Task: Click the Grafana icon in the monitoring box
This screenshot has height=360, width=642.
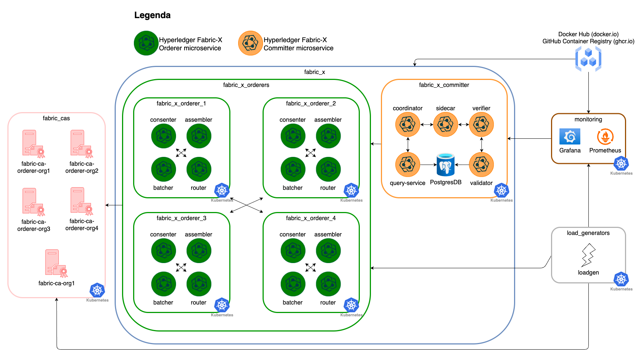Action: tap(570, 137)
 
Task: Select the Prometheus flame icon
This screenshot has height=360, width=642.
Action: tap(605, 137)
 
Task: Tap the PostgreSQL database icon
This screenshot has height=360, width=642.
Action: tap(446, 165)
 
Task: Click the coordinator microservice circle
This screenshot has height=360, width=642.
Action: tap(408, 124)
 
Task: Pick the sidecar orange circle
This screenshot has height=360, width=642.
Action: tap(445, 124)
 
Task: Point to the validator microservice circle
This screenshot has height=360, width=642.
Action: tap(481, 165)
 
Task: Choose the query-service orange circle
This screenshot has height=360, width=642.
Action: tap(408, 165)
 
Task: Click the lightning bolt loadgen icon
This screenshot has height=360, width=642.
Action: tap(588, 255)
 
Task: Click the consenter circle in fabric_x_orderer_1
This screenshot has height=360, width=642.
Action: tap(163, 136)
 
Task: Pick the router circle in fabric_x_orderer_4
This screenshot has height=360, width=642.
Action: tap(328, 284)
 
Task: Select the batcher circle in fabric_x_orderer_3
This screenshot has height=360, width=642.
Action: tap(163, 284)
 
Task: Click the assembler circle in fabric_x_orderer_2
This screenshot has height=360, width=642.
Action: tap(328, 136)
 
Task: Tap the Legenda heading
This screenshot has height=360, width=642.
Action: tap(152, 15)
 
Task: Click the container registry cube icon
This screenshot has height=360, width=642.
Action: tap(588, 59)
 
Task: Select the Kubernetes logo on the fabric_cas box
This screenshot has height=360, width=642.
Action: tap(97, 290)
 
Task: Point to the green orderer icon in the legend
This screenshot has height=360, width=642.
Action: tap(146, 43)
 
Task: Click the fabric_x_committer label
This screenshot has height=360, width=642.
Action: tap(444, 85)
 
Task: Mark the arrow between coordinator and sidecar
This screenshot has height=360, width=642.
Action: tap(426, 125)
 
